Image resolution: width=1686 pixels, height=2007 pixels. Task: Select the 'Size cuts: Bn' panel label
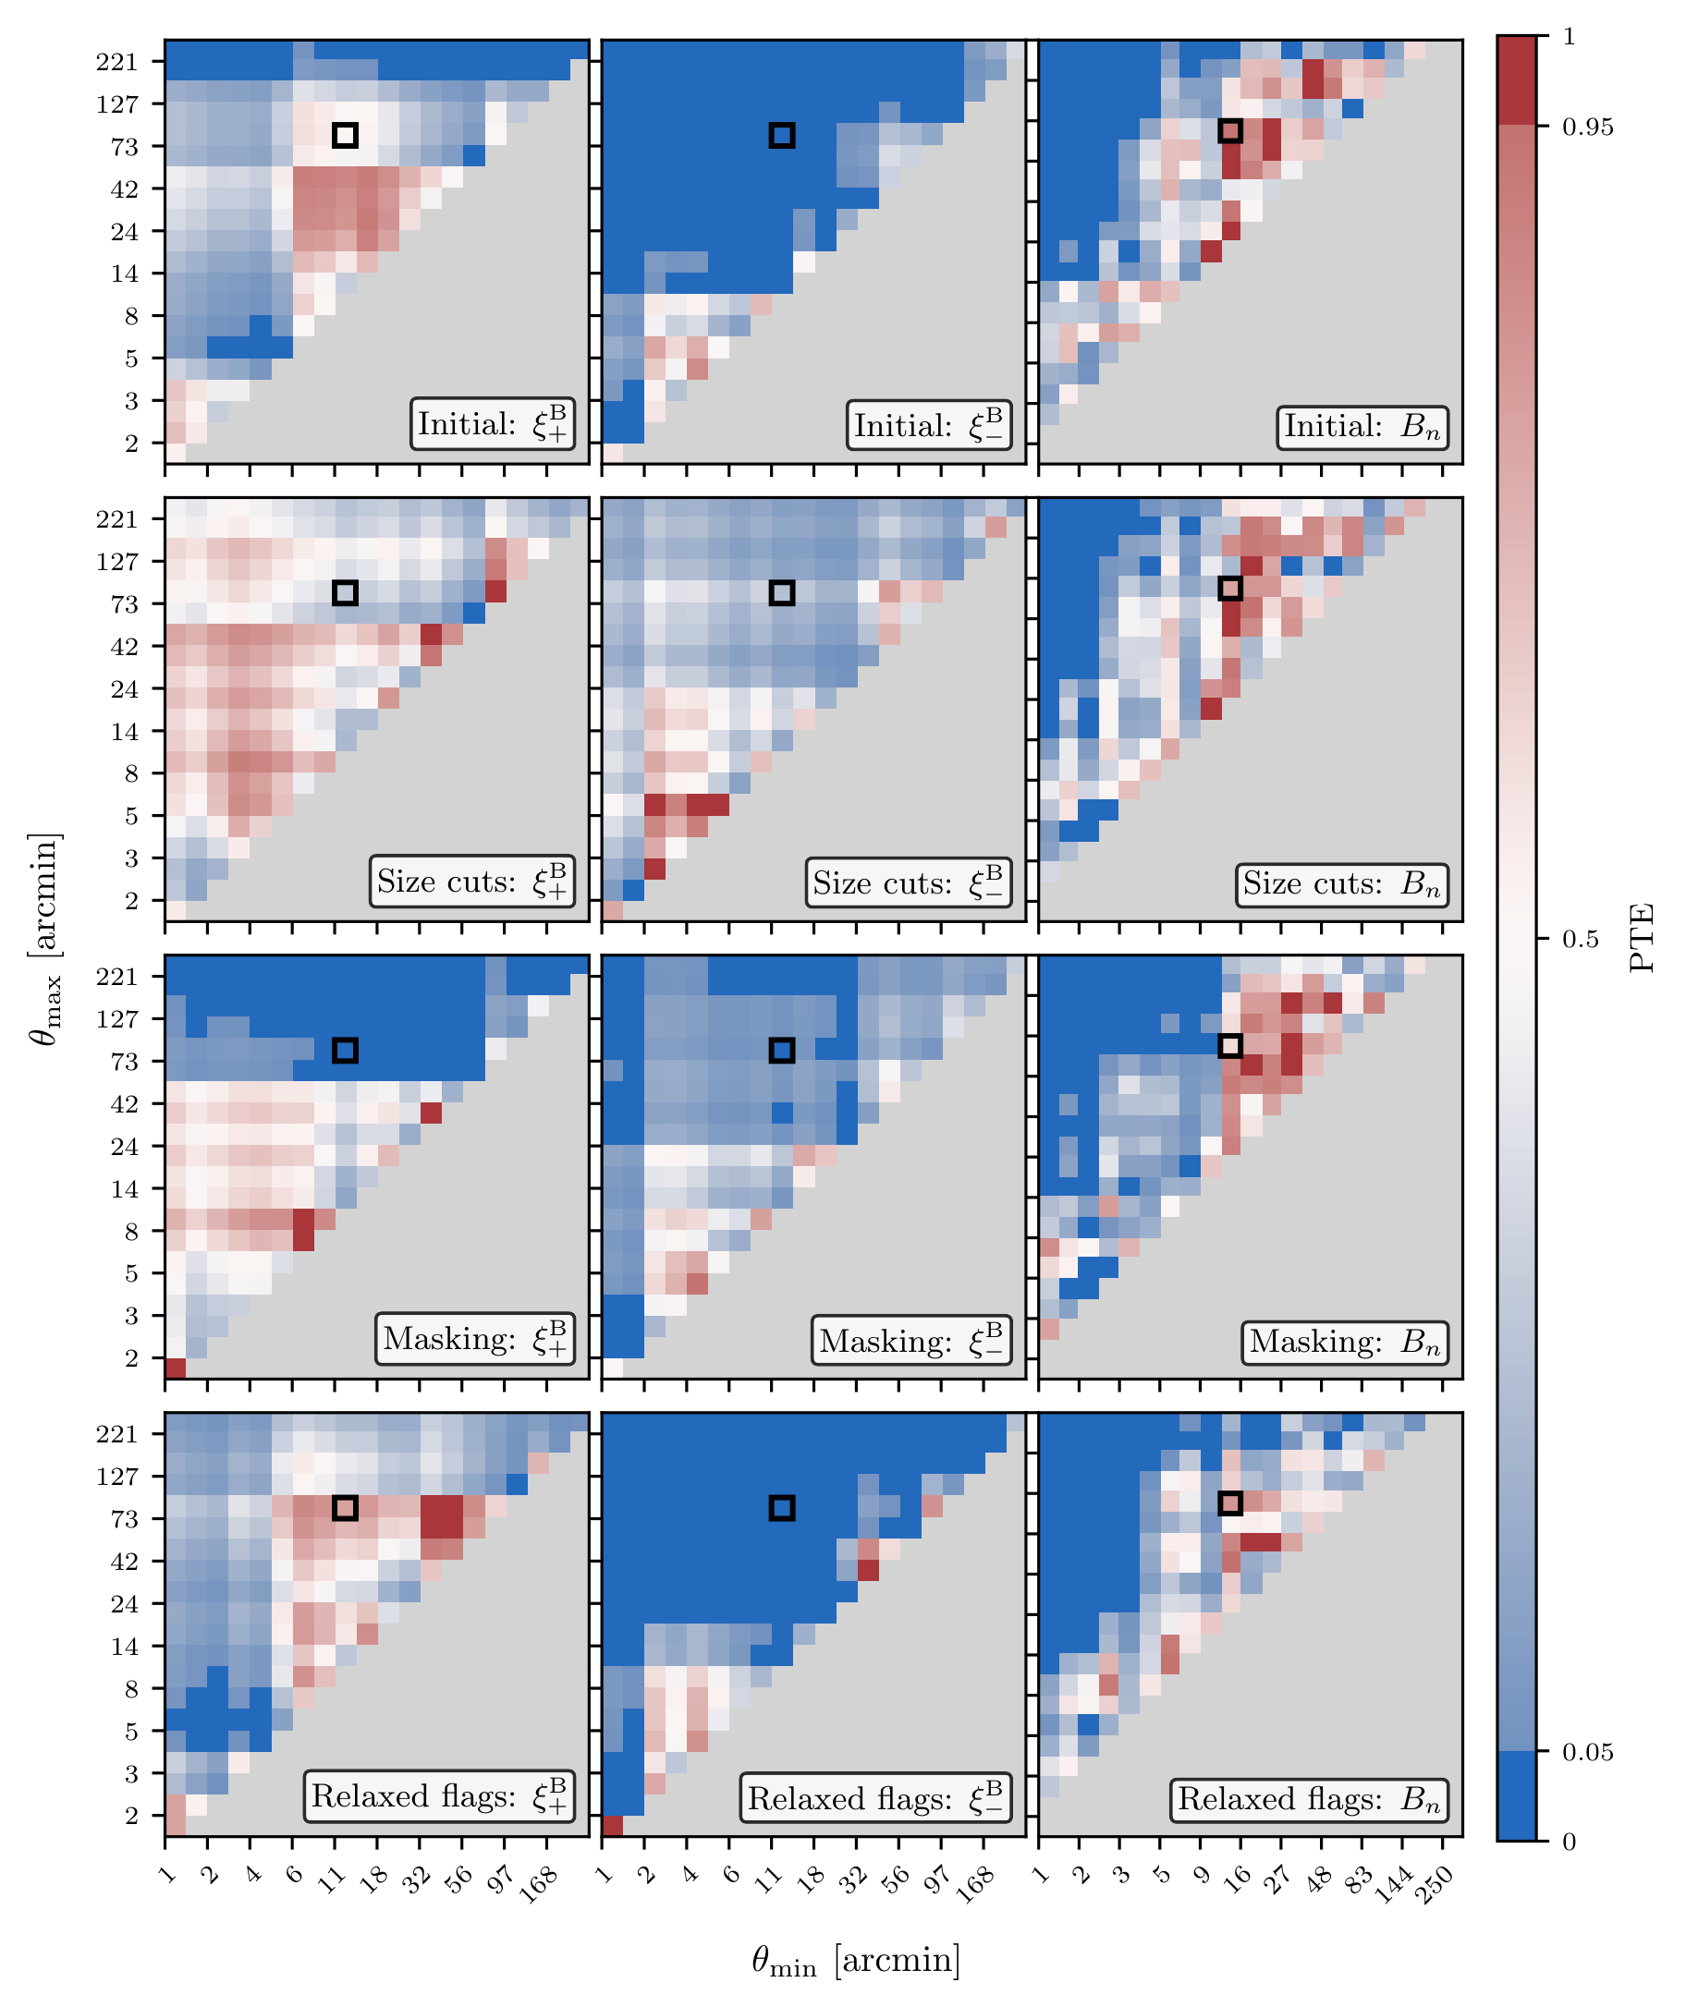(x=1342, y=884)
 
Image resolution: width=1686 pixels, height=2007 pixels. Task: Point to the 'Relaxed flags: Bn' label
(x=1310, y=1800)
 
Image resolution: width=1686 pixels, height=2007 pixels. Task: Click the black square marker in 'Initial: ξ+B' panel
(x=345, y=135)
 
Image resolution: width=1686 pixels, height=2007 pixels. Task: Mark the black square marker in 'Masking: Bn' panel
(x=1230, y=1046)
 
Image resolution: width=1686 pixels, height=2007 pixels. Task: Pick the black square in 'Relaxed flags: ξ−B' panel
(x=782, y=1507)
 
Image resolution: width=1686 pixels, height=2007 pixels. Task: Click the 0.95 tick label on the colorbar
(x=1587, y=127)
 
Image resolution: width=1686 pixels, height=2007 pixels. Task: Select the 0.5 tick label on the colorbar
(x=1580, y=940)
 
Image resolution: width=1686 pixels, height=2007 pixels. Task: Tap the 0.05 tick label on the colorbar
(x=1587, y=1752)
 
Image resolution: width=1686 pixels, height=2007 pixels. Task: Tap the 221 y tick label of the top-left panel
(x=117, y=62)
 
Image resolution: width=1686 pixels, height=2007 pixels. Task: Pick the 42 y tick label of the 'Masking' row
(x=124, y=1104)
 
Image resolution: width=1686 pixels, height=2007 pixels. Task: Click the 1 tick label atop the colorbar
(x=1569, y=36)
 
